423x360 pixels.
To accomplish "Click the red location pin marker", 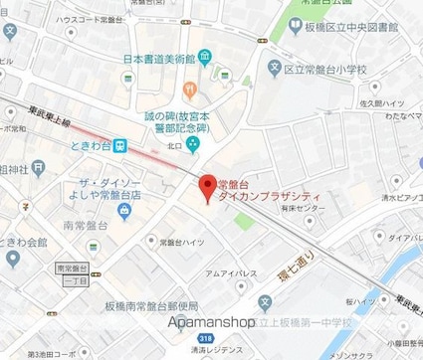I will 208,185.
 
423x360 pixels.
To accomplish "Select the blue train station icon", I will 119,145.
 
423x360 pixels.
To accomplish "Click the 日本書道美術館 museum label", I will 158,59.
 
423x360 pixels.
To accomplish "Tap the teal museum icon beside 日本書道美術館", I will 204,59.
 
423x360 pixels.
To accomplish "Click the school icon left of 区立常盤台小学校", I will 276,71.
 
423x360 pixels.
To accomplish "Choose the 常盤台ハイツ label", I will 182,242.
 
